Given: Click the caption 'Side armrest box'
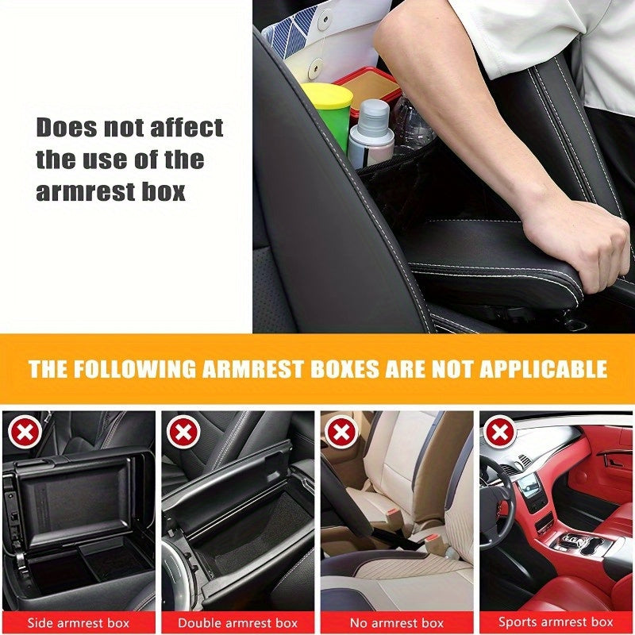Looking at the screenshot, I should click(79, 622).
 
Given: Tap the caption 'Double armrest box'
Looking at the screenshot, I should click(237, 622).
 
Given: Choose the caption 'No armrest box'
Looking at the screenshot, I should click(396, 622).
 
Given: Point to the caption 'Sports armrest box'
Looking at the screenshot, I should click(556, 622).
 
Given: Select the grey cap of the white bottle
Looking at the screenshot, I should click(374, 110).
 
